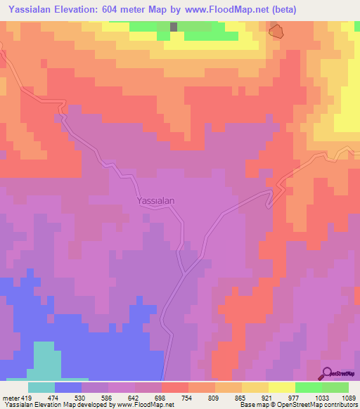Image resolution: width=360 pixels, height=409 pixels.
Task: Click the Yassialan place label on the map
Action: (155, 200)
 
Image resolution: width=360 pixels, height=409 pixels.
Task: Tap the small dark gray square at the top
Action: (174, 27)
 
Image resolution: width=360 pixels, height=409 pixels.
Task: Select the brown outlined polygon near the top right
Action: (277, 30)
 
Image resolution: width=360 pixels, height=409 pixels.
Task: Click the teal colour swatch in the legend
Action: (41, 387)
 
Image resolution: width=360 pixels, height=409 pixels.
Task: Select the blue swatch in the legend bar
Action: (68, 387)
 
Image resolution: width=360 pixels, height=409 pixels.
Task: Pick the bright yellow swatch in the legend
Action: (281, 387)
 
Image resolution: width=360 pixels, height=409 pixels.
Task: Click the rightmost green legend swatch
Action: (335, 387)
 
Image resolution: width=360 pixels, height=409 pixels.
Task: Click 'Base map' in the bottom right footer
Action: (255, 405)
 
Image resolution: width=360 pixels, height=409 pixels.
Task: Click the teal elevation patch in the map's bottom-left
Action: (44, 358)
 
